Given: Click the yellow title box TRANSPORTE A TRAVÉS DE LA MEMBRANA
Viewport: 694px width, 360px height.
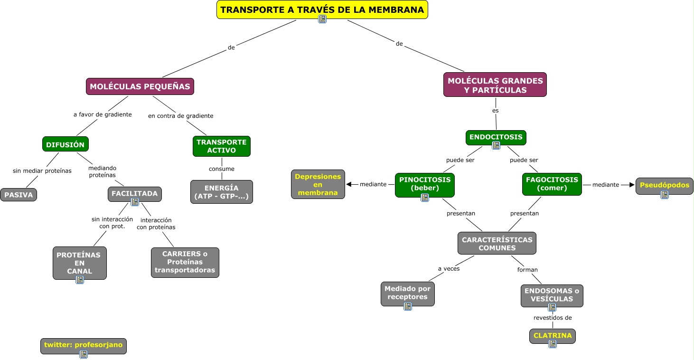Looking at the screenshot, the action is [322, 9].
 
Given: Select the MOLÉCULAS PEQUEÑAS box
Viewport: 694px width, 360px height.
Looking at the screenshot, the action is [140, 86].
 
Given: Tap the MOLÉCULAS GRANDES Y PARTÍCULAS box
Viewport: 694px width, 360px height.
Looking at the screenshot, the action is [495, 85].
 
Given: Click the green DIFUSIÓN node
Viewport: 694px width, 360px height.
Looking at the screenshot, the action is [66, 144].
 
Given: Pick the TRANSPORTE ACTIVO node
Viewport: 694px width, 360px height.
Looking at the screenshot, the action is [222, 146].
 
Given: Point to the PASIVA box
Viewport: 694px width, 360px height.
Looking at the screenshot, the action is [19, 195].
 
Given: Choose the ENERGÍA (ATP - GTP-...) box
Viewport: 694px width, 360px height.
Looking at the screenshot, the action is [222, 192].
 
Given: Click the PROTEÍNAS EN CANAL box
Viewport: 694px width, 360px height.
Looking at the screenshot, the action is [80, 263].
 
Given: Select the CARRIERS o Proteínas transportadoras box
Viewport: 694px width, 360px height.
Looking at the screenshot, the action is [185, 262].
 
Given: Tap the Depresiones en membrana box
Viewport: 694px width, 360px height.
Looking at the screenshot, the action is [318, 184].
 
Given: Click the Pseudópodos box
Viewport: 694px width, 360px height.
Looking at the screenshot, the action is [664, 186].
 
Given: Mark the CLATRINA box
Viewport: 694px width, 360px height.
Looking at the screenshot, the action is [553, 336].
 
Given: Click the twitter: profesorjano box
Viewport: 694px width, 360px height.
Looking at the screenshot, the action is [84, 346].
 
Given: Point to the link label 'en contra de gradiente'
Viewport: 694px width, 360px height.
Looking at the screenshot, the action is [181, 116].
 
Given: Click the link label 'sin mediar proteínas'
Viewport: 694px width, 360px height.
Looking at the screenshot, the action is [42, 171].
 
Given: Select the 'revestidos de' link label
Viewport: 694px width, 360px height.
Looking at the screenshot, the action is [553, 318].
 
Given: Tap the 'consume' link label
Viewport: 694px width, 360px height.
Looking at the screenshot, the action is [222, 169].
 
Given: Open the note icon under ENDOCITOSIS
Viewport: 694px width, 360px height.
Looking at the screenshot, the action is [496, 145].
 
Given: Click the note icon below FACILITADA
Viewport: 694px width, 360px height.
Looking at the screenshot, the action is [135, 202].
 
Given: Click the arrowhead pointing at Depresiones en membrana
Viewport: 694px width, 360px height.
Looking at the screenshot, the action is [348, 184].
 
